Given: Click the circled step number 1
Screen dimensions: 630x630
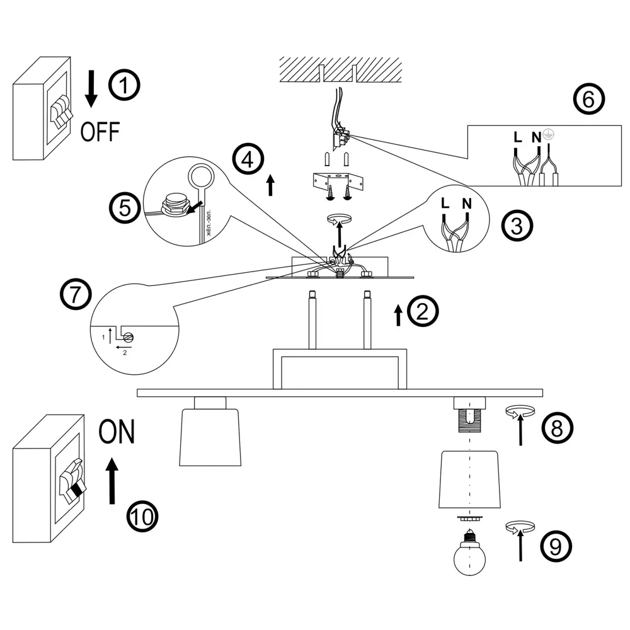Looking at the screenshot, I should [x=125, y=86].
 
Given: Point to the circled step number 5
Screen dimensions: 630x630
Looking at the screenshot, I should [x=125, y=207].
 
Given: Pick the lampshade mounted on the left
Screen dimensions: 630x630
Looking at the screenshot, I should [x=210, y=437].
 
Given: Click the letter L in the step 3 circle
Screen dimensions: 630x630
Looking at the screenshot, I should [x=445, y=203].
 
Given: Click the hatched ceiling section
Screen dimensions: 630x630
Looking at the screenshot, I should [x=340, y=69].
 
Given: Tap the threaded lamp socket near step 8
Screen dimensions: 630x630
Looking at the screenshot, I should [x=469, y=418].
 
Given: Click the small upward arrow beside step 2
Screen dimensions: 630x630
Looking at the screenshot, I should [x=398, y=314].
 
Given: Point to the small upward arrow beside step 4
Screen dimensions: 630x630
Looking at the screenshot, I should [x=270, y=185].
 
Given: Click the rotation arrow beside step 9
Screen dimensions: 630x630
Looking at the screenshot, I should [x=520, y=527].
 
